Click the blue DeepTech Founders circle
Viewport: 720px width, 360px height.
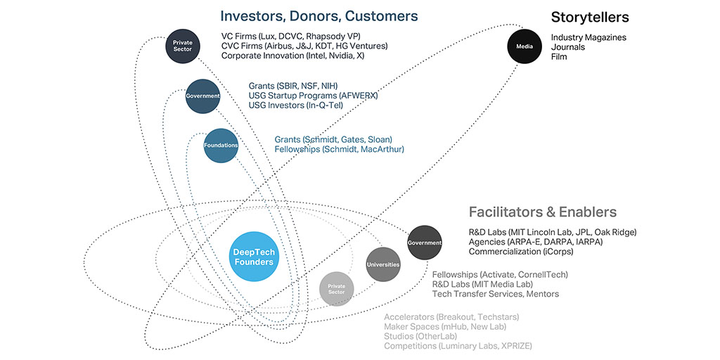pos(253,256)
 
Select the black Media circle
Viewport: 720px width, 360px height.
pos(525,46)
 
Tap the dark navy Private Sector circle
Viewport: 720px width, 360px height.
pos(183,46)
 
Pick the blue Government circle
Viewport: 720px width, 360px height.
pos(202,96)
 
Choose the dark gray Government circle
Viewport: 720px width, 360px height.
pos(424,243)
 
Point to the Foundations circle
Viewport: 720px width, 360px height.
pos(221,146)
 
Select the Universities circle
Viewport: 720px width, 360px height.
pos(382,265)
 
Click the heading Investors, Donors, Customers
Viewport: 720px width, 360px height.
pos(319,15)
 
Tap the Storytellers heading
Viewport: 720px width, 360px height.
pos(589,17)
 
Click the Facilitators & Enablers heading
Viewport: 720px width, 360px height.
pos(542,212)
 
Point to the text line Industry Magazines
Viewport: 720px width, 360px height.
pos(588,37)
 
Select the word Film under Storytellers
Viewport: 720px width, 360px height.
pos(559,57)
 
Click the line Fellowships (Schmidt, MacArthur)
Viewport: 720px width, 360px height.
pos(339,149)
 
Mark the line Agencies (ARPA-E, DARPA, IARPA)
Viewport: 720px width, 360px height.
pos(535,242)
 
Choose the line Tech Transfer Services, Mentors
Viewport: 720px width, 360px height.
pos(495,294)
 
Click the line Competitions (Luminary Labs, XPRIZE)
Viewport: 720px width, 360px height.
pos(458,346)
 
